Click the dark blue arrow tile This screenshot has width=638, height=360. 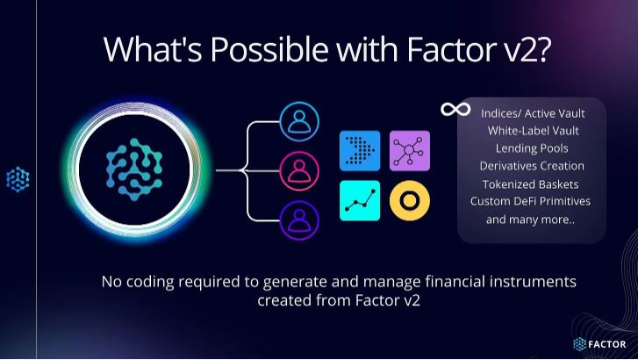tap(360, 152)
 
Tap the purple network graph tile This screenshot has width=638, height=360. tap(410, 152)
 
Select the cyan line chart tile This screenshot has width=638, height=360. tap(360, 200)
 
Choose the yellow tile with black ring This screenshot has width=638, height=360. tap(410, 200)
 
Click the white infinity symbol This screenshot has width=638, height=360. tap(455, 109)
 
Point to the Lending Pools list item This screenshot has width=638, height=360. tap(531, 148)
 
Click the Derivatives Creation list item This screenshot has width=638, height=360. tap(531, 165)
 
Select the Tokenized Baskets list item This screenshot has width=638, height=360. tap(531, 184)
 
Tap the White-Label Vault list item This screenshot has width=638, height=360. tap(531, 130)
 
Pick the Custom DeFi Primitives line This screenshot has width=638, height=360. tap(531, 201)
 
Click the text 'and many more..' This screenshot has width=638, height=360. tap(531, 219)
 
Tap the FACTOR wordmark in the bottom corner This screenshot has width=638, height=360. tap(607, 344)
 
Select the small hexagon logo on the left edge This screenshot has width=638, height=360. tap(18, 179)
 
